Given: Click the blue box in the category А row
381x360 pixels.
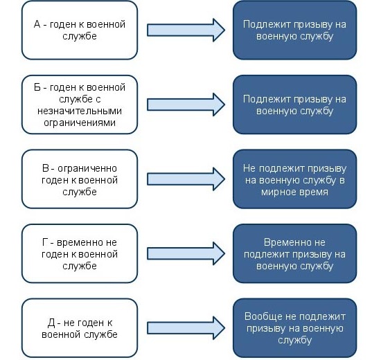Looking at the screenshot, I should point(294,30).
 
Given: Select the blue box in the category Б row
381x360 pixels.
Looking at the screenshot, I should point(294,105).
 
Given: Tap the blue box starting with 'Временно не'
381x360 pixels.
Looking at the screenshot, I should point(294,254).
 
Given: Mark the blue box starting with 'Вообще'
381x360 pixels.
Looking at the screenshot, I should point(294,328).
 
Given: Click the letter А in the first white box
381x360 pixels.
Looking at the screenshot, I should point(37,24).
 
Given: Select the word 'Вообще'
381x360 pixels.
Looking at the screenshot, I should point(260,317).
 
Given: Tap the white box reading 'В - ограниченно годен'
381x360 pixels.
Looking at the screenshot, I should point(80,179).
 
